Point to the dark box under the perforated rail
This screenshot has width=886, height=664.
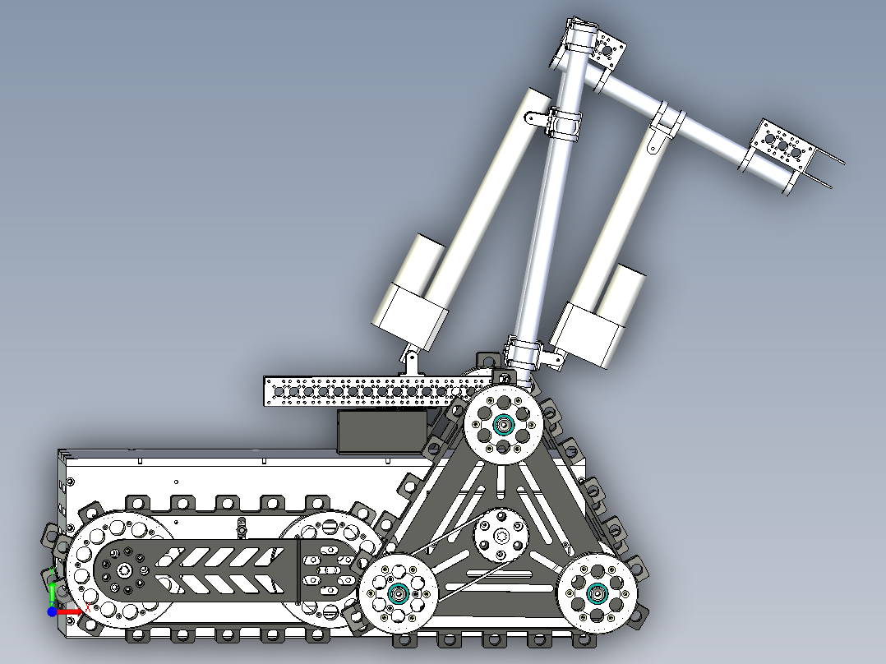tap(383, 431)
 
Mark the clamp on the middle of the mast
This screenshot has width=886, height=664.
tap(565, 123)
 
